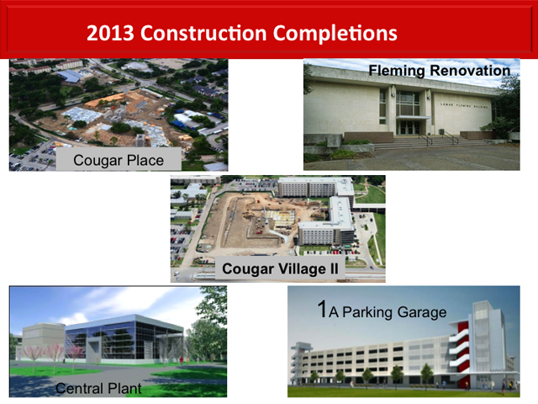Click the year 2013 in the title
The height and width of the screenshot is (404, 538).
(x=109, y=35)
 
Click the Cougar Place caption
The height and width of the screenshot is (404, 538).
(x=117, y=159)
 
